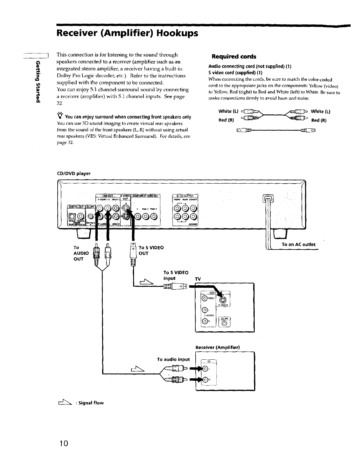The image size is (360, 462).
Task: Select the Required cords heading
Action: (x=234, y=56)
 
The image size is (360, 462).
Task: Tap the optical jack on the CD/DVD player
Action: (x=71, y=216)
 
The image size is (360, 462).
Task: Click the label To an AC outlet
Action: (x=298, y=244)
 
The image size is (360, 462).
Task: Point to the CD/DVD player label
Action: (x=74, y=173)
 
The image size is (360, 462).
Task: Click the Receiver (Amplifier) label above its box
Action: (x=218, y=347)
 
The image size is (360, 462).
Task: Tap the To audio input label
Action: (x=173, y=359)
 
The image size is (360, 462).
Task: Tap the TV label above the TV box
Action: (x=198, y=279)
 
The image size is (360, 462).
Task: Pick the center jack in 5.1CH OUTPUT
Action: (x=193, y=208)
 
